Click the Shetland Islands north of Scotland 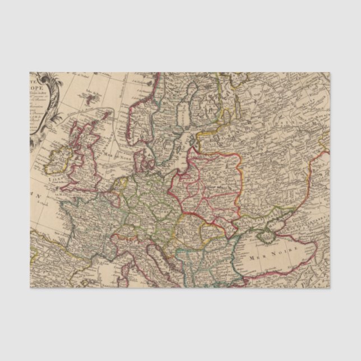pyautogui.click(x=101, y=113)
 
